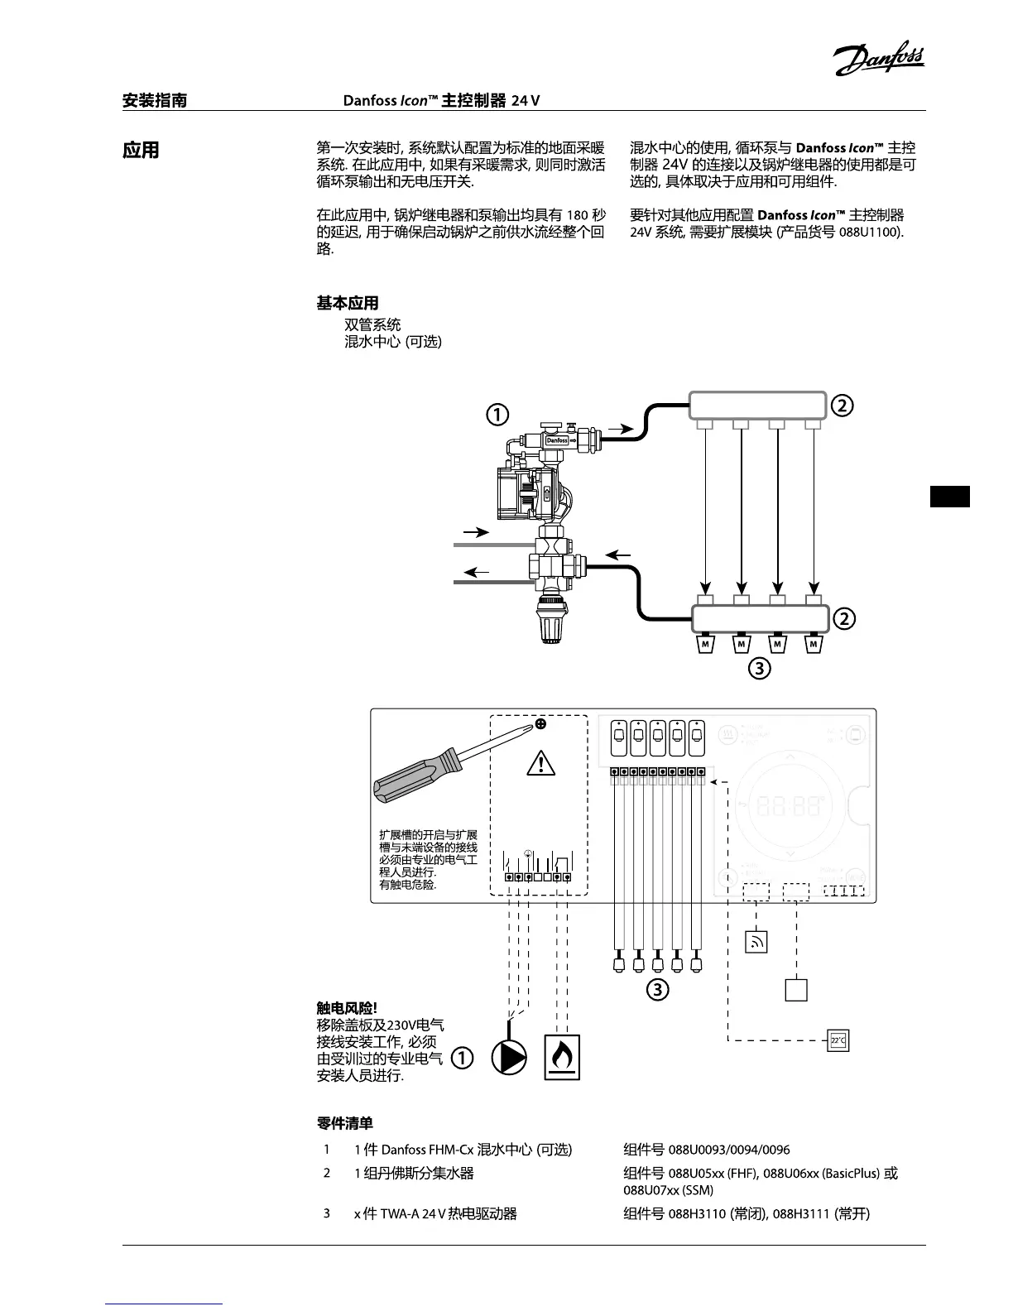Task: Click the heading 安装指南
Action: click(155, 101)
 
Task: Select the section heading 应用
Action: click(141, 151)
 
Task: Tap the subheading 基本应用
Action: click(348, 304)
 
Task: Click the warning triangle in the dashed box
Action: click(540, 761)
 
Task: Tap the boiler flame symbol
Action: click(562, 1057)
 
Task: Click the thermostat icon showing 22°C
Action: click(838, 1040)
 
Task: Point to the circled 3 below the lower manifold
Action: click(759, 668)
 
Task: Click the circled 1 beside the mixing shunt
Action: click(497, 415)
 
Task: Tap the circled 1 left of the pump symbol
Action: click(462, 1058)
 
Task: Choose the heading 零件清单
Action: click(344, 1123)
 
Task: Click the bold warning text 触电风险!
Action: click(347, 1007)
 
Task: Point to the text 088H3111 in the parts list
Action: click(801, 1213)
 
